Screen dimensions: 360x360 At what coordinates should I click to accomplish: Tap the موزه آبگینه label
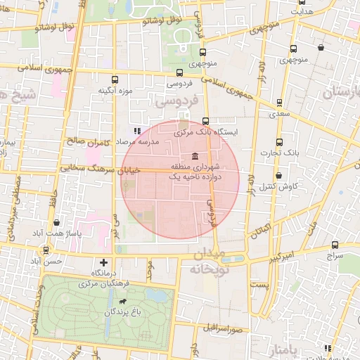click(x=116, y=91)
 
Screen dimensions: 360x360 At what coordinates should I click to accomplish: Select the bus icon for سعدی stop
click(x=280, y=103)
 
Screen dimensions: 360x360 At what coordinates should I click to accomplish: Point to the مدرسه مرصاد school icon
click(x=138, y=131)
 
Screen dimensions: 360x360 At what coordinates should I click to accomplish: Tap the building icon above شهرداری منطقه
click(x=195, y=156)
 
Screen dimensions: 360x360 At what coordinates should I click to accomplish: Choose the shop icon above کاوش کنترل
click(x=279, y=175)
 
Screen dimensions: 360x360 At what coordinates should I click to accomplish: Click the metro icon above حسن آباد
click(x=46, y=250)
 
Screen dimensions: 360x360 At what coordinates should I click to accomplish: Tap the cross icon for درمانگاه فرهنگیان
click(x=104, y=262)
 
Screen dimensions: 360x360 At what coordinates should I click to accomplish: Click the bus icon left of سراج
click(x=335, y=245)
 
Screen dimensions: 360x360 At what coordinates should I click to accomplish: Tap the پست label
click(x=259, y=285)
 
